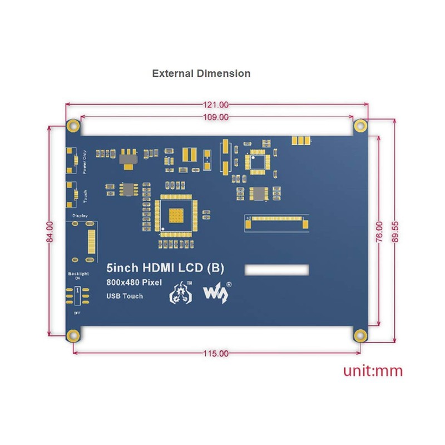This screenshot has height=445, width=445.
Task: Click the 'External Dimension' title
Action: click(x=201, y=73)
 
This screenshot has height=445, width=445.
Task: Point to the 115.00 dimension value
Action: click(x=216, y=353)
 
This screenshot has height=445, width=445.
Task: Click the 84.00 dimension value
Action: click(x=50, y=231)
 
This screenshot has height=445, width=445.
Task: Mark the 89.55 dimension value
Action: click(x=394, y=231)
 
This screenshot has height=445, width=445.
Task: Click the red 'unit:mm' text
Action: click(x=373, y=371)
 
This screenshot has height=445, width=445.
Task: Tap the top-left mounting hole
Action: click(x=72, y=125)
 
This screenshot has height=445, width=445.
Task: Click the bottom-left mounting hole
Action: click(x=72, y=335)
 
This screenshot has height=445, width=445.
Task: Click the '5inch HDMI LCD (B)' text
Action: click(x=165, y=269)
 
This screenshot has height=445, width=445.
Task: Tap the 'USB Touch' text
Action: click(x=124, y=296)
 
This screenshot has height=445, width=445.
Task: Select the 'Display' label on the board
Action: click(x=80, y=215)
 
